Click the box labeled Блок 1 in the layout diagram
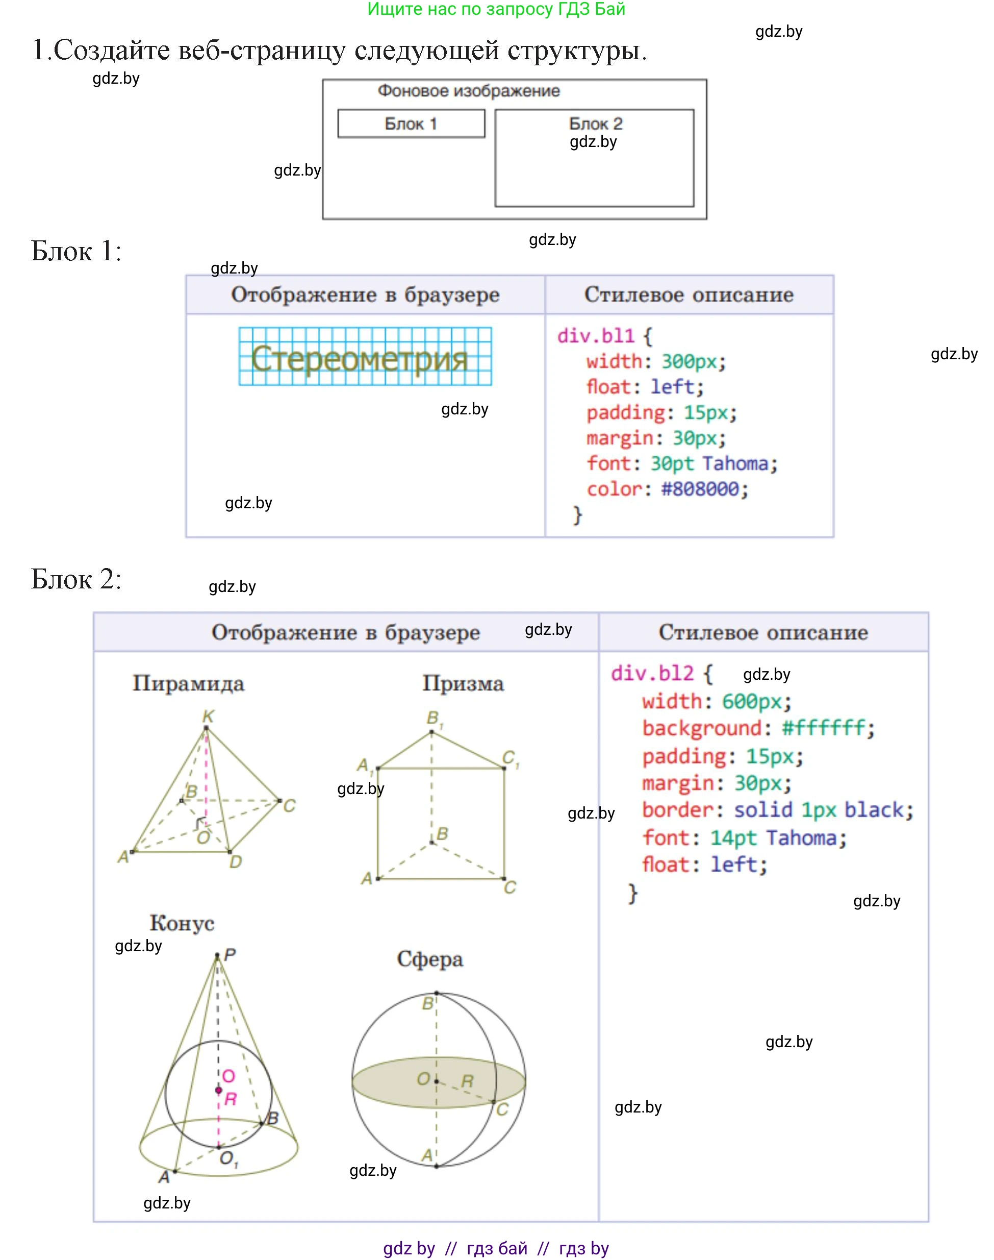pyautogui.click(x=411, y=124)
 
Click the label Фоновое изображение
pyautogui.click(x=469, y=91)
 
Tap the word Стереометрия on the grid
pyautogui.click(x=359, y=358)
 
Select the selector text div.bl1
pyautogui.click(x=595, y=336)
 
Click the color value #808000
pyautogui.click(x=700, y=489)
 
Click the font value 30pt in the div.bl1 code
pyautogui.click(x=672, y=463)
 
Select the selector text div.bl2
pyautogui.click(x=652, y=674)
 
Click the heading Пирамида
pyautogui.click(x=189, y=683)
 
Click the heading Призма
pyautogui.click(x=463, y=683)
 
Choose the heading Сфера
pyautogui.click(x=430, y=959)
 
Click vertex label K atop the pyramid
pyautogui.click(x=208, y=717)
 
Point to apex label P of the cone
pyautogui.click(x=230, y=955)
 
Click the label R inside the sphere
pyautogui.click(x=467, y=1081)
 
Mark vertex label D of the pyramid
pyautogui.click(x=236, y=862)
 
